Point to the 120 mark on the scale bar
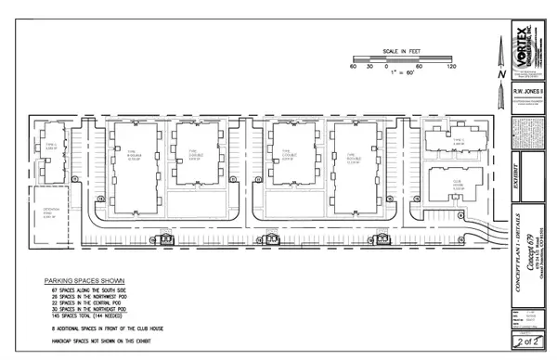tap(452, 66)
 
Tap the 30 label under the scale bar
tap(369, 66)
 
